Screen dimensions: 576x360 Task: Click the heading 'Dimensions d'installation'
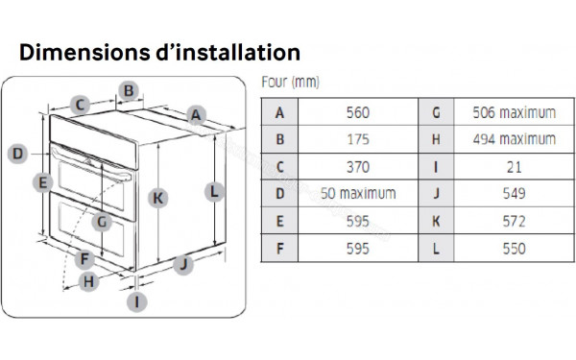click(159, 51)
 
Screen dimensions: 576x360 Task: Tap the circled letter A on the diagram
click(196, 116)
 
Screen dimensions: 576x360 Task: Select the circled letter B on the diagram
click(128, 92)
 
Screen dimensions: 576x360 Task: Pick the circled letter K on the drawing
click(158, 198)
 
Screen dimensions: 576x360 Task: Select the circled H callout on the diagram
click(88, 281)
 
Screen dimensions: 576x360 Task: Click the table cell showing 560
click(357, 112)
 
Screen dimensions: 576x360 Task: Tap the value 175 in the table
click(357, 139)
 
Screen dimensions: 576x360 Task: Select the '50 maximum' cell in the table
click(357, 193)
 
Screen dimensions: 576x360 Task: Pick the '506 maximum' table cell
click(514, 112)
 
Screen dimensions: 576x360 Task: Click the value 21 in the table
click(514, 166)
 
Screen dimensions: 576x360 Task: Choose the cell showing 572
click(514, 221)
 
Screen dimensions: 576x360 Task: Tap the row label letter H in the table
click(436, 139)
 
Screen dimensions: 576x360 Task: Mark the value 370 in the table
click(357, 166)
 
